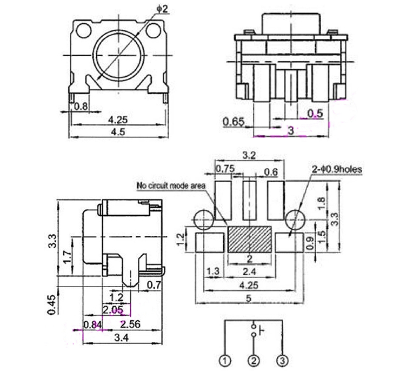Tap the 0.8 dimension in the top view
coord(81,106)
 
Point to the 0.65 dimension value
coord(234,122)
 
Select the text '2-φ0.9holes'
coord(336,169)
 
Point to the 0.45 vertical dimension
coord(51,303)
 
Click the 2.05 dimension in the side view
coord(113,309)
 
